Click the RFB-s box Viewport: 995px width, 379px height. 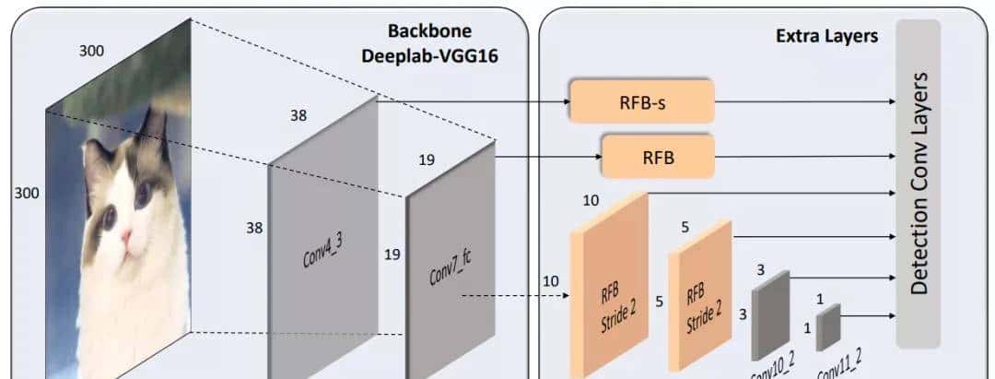coord(642,101)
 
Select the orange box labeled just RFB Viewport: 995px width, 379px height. coord(658,157)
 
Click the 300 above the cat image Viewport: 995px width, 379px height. coord(91,51)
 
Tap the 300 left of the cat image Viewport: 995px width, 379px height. coord(26,193)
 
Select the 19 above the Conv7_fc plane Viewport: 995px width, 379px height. coord(426,160)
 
